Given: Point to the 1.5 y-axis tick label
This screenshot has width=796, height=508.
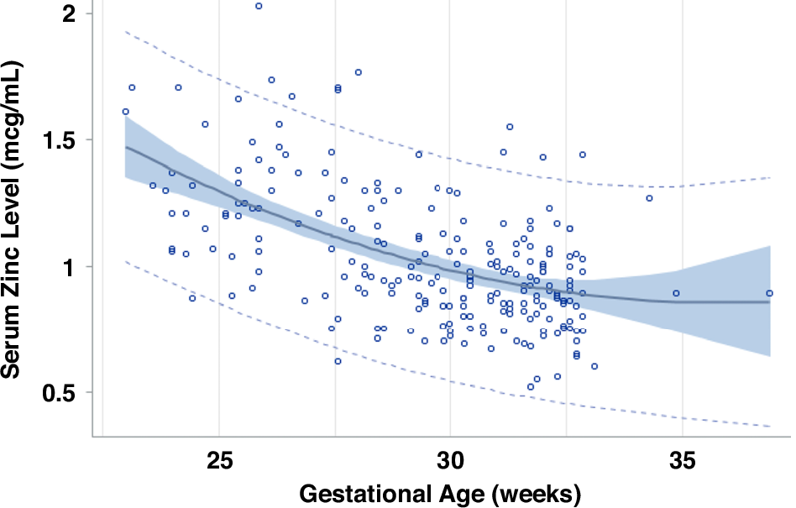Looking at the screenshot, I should tap(60, 139).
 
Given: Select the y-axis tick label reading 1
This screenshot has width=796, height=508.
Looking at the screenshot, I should tap(72, 266).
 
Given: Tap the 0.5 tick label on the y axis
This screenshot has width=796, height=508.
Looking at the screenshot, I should tap(60, 392).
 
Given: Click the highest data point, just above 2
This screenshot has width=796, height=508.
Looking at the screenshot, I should tap(259, 6).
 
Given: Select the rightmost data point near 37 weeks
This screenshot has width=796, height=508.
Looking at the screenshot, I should tap(769, 293).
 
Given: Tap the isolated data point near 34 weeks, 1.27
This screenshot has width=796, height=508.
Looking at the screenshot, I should tap(649, 198).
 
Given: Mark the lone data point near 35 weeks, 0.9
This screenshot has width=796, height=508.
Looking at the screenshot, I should tap(676, 293).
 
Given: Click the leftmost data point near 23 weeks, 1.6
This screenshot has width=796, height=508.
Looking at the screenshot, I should tap(125, 111).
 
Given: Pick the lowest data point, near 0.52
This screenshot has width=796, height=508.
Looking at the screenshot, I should tap(531, 387).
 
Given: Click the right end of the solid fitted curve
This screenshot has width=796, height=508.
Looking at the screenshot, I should tap(770, 302).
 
